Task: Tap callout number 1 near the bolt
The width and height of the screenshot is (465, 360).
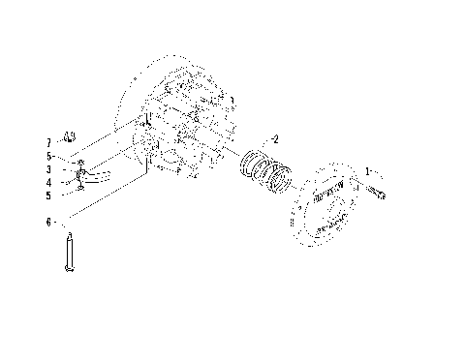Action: [x=367, y=170]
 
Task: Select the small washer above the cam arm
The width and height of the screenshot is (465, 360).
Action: [x=81, y=162]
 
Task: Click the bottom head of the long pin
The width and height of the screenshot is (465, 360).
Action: [x=70, y=269]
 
